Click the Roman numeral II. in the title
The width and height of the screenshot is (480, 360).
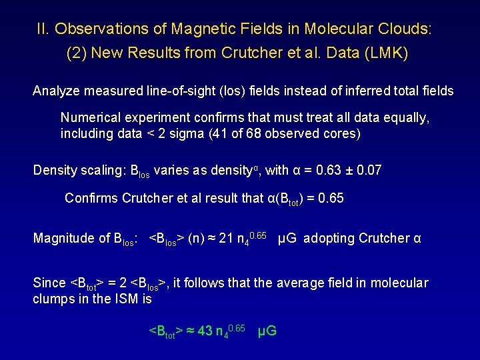(x=43, y=29)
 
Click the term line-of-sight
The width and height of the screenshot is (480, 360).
(x=180, y=91)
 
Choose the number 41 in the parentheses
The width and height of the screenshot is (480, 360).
(x=239, y=133)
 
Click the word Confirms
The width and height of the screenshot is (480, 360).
(x=91, y=198)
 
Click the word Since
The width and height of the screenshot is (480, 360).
(x=49, y=283)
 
